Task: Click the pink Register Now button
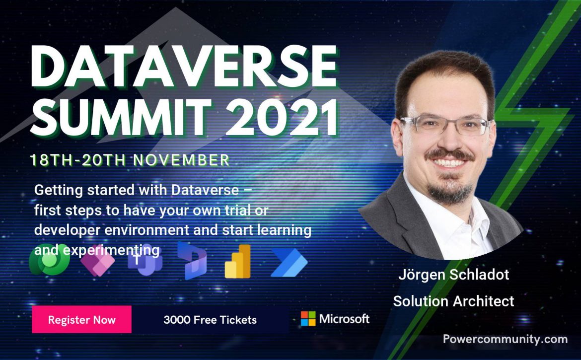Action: (81, 319)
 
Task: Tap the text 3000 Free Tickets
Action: (210, 320)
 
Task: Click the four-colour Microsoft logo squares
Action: (308, 318)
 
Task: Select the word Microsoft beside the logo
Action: (344, 319)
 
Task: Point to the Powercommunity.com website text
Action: (505, 339)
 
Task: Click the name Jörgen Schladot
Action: (453, 275)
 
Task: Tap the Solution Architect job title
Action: (453, 301)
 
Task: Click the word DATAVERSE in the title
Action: (184, 67)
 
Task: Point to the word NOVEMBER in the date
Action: (182, 160)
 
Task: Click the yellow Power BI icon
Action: (238, 262)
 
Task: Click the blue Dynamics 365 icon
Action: (192, 261)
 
